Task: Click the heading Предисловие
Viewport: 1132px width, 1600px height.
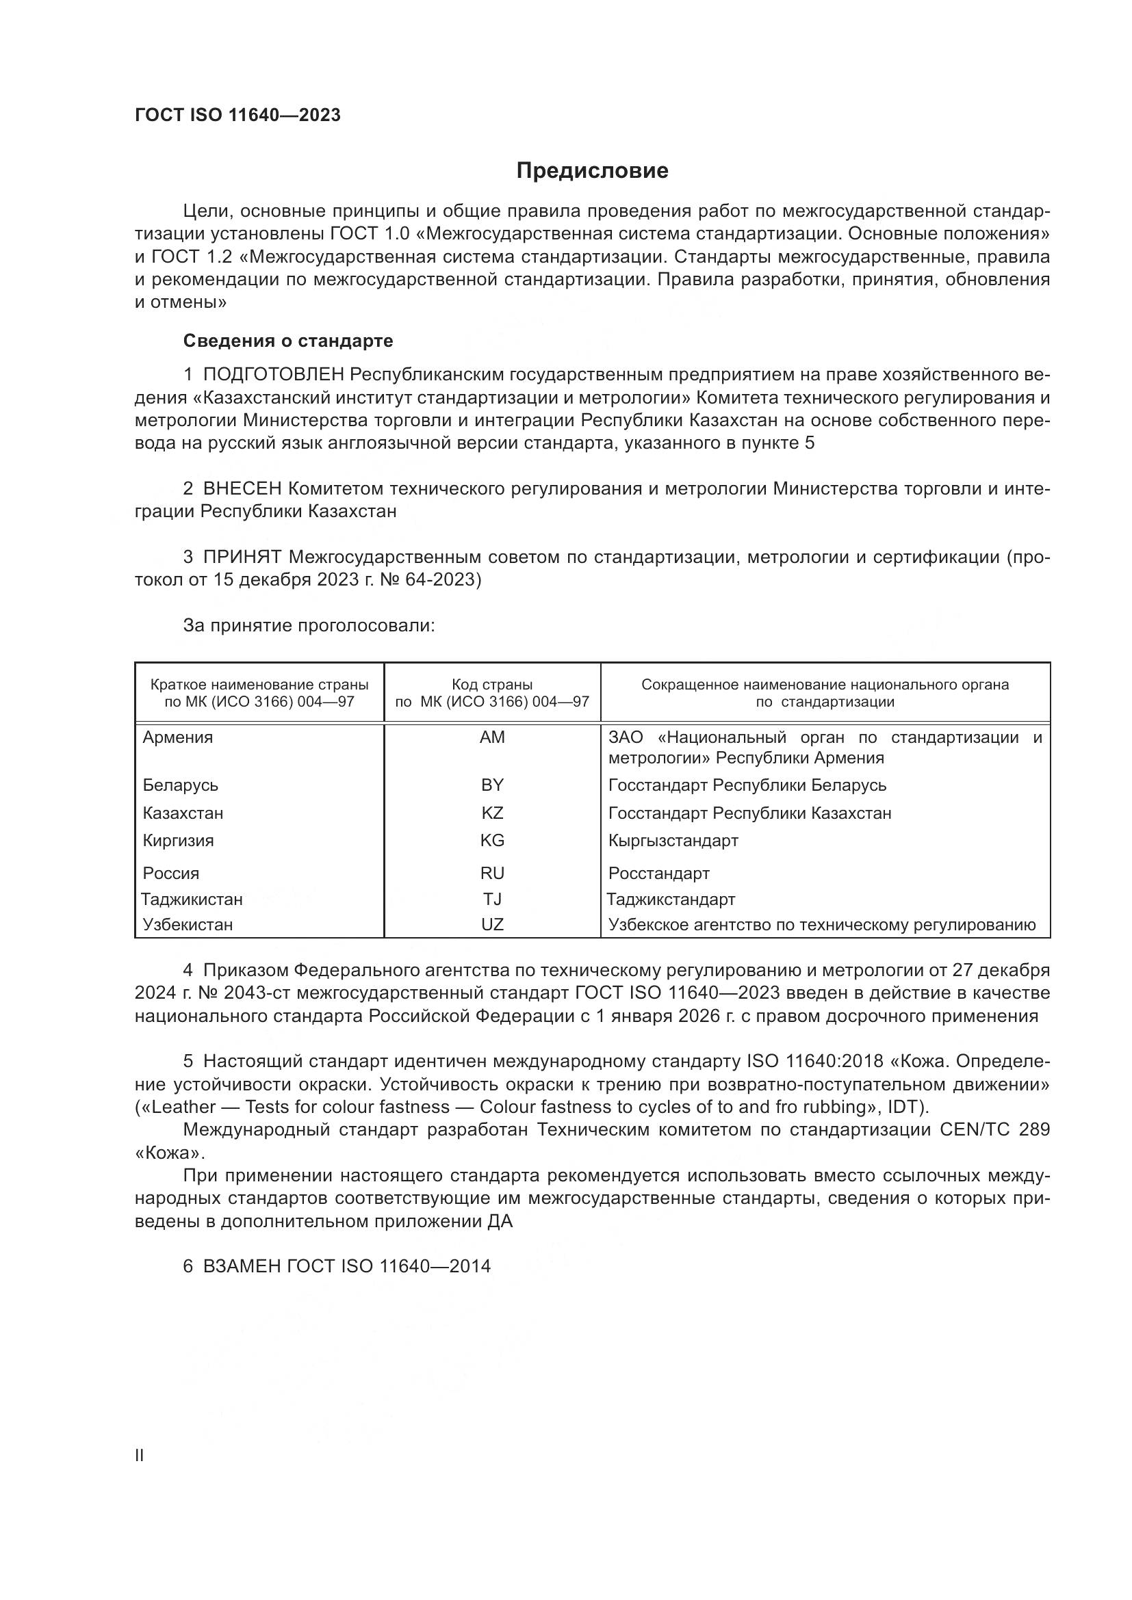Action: coord(593,171)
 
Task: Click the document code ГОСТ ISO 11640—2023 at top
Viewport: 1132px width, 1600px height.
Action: coord(237,115)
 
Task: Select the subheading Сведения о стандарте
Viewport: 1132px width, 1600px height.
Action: coord(288,341)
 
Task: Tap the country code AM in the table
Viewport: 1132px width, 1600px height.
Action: coord(492,737)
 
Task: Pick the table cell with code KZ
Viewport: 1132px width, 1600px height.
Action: coord(492,813)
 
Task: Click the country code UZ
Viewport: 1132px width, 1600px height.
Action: coord(492,925)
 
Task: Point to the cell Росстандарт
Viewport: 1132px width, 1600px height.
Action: coord(658,873)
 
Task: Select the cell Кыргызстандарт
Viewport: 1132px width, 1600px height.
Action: coord(673,841)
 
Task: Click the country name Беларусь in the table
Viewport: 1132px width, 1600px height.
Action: coord(181,785)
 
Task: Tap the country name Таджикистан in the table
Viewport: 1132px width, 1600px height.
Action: coord(192,900)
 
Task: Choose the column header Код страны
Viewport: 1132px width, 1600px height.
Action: coord(492,685)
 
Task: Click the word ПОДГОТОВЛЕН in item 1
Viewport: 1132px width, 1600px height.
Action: coord(273,375)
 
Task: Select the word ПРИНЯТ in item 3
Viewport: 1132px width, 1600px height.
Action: coord(242,557)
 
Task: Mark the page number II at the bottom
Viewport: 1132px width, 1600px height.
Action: coord(140,1456)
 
